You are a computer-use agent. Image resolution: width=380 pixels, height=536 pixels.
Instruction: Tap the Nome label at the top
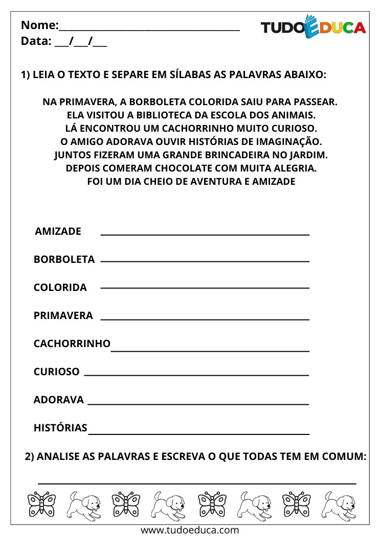click(x=39, y=25)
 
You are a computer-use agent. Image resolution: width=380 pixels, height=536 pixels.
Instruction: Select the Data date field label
click(x=36, y=41)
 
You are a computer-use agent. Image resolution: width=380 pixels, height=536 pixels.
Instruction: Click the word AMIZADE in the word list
click(x=58, y=231)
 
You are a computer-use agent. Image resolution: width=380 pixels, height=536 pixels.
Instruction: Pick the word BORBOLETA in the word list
click(x=64, y=259)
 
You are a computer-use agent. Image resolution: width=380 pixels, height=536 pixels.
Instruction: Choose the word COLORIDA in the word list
click(x=60, y=287)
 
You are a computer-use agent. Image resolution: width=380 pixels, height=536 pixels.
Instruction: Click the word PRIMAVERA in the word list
click(x=63, y=315)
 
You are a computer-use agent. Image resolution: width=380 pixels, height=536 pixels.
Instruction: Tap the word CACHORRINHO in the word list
click(x=72, y=344)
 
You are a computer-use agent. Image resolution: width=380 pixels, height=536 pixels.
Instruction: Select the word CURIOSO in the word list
click(x=56, y=372)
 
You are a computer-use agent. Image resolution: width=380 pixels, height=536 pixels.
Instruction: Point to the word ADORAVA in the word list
click(x=58, y=400)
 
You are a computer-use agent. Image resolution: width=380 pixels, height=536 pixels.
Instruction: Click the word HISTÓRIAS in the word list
click(x=60, y=428)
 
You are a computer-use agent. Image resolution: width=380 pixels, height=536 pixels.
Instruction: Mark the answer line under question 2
click(x=197, y=482)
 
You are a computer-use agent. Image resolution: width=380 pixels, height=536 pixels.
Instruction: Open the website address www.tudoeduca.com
click(x=190, y=530)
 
